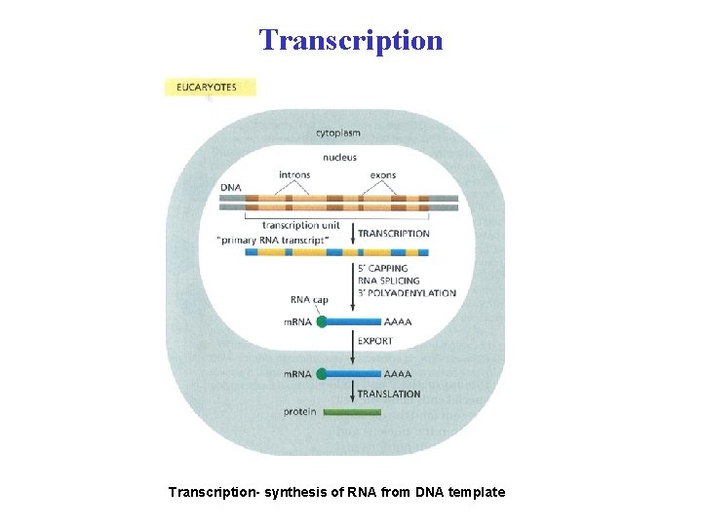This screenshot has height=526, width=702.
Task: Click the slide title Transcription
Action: tap(351, 40)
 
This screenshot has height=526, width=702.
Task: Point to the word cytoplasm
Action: tap(337, 132)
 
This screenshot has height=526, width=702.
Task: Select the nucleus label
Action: tap(339, 157)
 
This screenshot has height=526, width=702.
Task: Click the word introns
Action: tap(294, 175)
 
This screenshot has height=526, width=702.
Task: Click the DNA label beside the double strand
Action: tap(230, 187)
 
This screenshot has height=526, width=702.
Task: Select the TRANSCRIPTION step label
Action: tap(393, 234)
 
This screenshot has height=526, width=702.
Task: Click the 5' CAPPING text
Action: tap(382, 268)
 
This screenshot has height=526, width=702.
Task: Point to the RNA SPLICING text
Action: tap(388, 281)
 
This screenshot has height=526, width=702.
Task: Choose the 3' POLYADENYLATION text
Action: tap(407, 293)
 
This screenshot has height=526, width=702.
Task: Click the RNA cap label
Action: tap(308, 299)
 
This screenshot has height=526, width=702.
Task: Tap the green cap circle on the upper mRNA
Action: tap(322, 321)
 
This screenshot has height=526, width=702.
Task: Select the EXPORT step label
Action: tap(375, 342)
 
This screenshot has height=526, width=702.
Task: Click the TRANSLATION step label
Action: tap(389, 394)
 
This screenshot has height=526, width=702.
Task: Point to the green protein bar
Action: tap(352, 412)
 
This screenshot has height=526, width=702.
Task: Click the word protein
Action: tap(300, 412)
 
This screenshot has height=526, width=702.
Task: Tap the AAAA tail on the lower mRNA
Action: tap(398, 374)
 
